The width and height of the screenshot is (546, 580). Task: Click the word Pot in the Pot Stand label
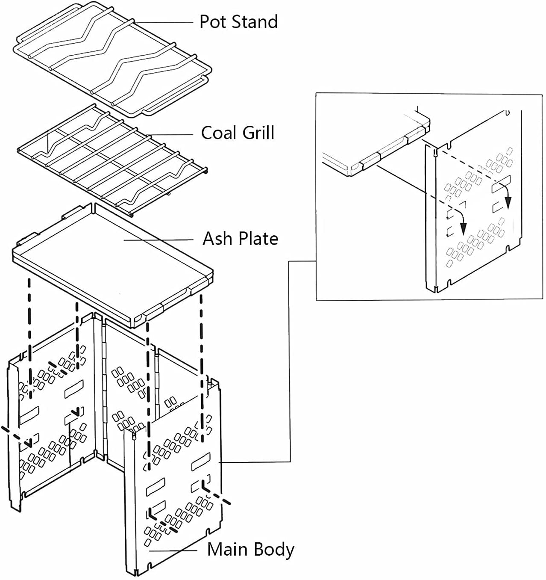(212, 22)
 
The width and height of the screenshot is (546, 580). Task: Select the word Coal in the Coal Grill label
(218, 133)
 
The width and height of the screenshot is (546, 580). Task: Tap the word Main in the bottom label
(225, 549)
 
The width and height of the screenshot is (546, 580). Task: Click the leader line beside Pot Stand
(164, 22)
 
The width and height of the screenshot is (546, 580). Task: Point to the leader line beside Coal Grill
(171, 135)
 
